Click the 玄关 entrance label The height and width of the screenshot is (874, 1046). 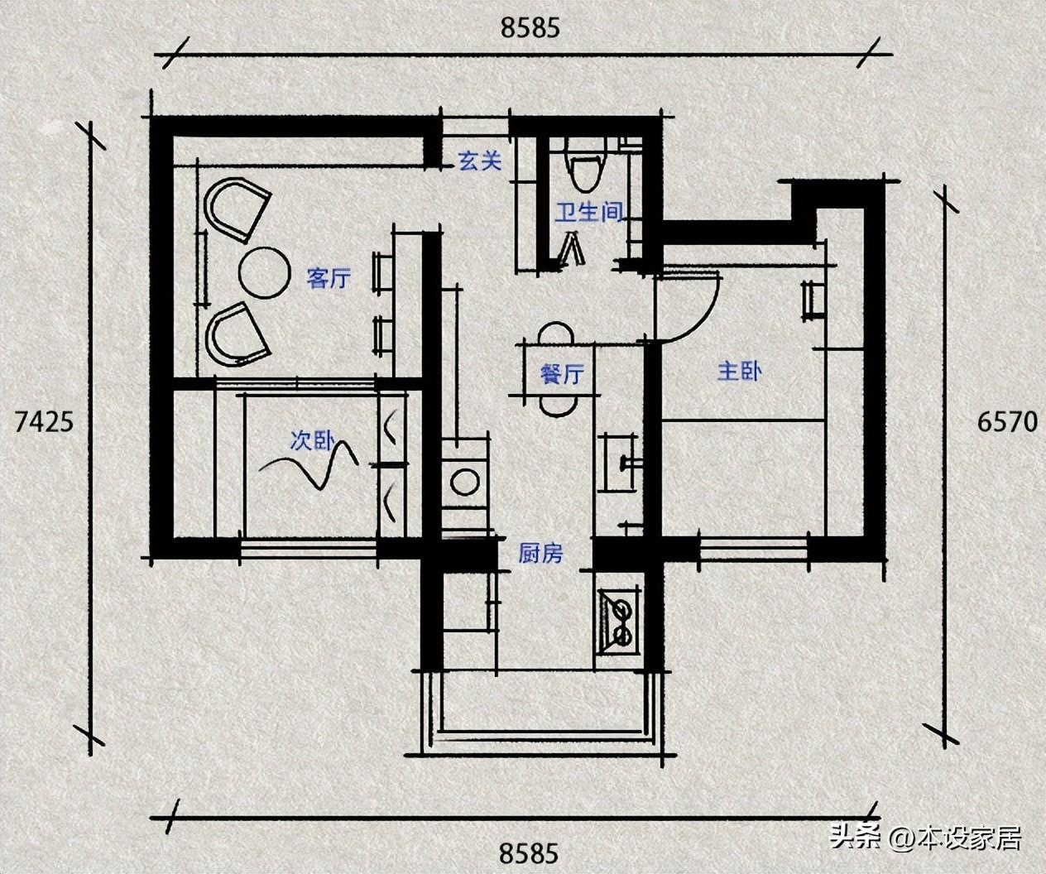480,161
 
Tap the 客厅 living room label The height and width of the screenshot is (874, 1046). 329,278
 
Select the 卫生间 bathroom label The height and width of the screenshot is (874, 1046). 588,213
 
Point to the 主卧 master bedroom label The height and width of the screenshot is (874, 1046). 740,372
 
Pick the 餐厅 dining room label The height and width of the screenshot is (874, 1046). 562,374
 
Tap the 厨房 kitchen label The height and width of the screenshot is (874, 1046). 540,553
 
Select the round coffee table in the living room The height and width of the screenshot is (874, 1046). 265,272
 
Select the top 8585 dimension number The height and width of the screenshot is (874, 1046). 530,28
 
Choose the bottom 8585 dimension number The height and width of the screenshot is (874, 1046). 529,853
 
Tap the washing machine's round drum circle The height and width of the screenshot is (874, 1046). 465,482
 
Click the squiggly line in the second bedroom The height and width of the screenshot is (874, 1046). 309,464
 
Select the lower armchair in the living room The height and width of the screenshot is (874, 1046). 238,334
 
